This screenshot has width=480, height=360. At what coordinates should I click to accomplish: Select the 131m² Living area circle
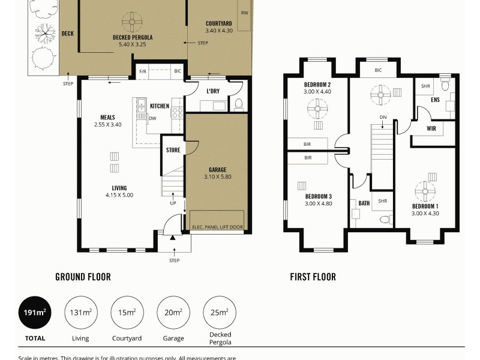point(80,313)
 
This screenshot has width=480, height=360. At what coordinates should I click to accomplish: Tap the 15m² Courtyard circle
point(127,313)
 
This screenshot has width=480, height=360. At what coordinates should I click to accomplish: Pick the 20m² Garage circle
point(173,313)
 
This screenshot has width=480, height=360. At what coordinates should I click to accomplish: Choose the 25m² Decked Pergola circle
point(220,313)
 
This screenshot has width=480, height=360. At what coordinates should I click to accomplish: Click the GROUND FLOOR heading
point(83,277)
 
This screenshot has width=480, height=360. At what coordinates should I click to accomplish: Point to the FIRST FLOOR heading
point(313,277)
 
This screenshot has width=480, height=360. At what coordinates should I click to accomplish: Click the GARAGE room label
point(217,170)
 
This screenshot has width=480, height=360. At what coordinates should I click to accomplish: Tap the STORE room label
point(173,150)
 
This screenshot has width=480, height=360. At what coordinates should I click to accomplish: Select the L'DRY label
point(212,91)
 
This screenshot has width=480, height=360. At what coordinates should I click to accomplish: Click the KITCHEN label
point(160,106)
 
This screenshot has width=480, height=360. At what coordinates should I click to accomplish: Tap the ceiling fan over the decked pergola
point(131,22)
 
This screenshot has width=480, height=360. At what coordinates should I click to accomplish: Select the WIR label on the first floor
point(431,128)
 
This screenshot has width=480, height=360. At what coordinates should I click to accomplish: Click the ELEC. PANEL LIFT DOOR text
point(217,227)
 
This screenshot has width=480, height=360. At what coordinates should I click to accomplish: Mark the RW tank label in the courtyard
point(244,13)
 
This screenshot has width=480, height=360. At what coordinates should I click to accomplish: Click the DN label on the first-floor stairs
point(382,117)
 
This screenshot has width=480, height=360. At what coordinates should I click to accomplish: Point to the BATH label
point(364,203)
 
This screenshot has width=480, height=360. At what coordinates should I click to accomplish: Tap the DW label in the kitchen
point(152,118)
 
